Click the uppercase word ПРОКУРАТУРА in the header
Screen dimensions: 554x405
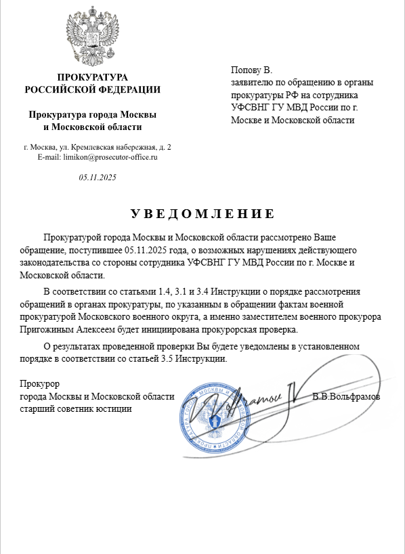[93, 77]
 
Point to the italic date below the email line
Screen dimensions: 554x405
[98, 177]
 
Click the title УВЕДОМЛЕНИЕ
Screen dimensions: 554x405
[202, 214]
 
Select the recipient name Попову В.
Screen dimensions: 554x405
[251, 70]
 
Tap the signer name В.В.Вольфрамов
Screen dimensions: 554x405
[346, 396]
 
